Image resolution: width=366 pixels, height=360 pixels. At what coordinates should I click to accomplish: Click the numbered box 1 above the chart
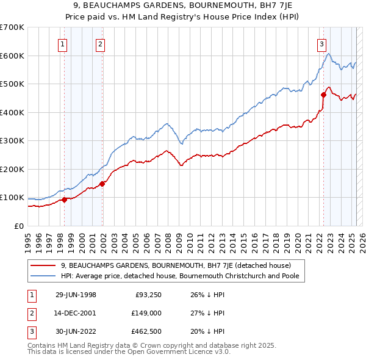(63, 43)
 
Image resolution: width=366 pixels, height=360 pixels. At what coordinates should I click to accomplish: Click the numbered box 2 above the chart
(100, 43)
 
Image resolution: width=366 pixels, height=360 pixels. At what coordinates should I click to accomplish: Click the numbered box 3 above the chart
(321, 43)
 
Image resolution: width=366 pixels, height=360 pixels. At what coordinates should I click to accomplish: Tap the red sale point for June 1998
(65, 200)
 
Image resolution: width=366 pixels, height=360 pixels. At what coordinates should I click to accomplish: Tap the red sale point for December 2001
(102, 184)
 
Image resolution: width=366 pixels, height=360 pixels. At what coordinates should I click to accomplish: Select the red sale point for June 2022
(323, 95)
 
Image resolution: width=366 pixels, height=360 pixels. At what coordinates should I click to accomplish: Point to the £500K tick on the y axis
(12, 84)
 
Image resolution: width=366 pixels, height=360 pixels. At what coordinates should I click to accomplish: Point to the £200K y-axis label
(12, 169)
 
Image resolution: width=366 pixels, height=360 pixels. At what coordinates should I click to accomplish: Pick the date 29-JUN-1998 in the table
(76, 295)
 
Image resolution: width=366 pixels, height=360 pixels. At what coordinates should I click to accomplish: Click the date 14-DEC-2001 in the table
(76, 312)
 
